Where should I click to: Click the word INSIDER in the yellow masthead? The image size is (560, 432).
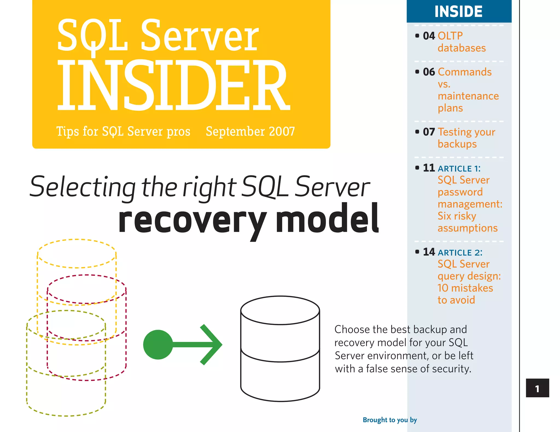(x=173, y=85)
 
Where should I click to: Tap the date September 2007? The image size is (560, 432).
(x=250, y=132)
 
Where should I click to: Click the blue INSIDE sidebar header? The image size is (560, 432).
(x=459, y=11)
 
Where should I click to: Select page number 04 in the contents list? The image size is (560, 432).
(x=429, y=36)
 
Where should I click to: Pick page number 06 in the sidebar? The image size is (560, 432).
(x=429, y=72)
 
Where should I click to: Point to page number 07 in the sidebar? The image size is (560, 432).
(x=429, y=132)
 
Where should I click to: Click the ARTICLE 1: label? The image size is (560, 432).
(x=459, y=169)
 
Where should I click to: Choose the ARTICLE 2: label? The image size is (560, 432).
(x=460, y=253)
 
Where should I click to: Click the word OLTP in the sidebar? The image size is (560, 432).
(x=450, y=36)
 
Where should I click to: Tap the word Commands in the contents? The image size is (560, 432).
(x=465, y=72)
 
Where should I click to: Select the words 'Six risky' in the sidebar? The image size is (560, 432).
(x=457, y=216)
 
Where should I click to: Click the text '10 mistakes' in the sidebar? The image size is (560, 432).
(x=465, y=288)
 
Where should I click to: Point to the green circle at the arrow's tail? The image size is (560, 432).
(x=158, y=345)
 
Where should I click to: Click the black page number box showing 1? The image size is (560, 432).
(x=537, y=388)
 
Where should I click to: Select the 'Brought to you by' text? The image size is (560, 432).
(x=390, y=420)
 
